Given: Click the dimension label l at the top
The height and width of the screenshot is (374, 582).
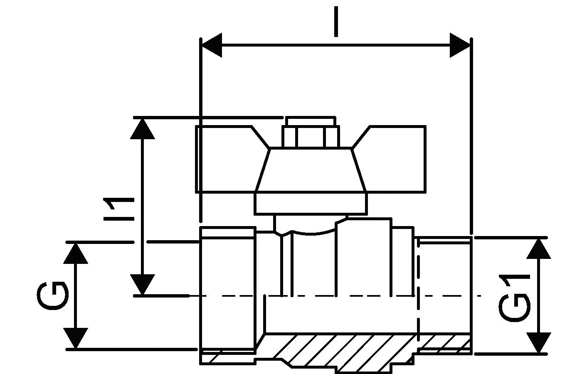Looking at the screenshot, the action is click(x=336, y=22).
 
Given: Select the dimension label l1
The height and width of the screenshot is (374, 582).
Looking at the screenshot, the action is click(x=119, y=209).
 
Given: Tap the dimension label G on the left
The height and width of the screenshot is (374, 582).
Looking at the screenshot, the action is click(x=53, y=296).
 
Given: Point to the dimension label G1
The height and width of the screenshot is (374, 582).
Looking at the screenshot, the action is click(x=514, y=298).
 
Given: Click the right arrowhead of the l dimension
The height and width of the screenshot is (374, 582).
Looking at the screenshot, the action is click(x=460, y=45).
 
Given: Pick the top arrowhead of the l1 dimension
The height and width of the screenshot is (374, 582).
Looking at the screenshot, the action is click(x=142, y=129).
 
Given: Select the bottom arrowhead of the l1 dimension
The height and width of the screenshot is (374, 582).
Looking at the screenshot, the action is click(x=142, y=284).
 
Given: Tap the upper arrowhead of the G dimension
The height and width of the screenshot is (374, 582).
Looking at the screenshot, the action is click(x=76, y=253).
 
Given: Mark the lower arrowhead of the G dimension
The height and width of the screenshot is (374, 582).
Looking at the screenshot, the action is click(x=76, y=338).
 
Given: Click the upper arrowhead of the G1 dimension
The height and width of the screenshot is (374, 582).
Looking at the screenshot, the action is click(x=539, y=249).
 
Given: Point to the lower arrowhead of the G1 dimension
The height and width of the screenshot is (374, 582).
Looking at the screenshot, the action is click(x=539, y=342).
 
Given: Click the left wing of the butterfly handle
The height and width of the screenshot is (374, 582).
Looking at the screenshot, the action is click(x=229, y=160).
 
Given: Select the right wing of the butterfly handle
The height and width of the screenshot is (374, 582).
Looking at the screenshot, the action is click(x=392, y=160).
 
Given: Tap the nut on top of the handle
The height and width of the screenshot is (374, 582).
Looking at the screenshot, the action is click(x=311, y=133).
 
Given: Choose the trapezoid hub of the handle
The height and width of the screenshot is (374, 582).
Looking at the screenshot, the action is click(x=311, y=170).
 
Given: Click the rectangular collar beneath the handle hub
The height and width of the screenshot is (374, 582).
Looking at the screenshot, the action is click(x=311, y=204).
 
